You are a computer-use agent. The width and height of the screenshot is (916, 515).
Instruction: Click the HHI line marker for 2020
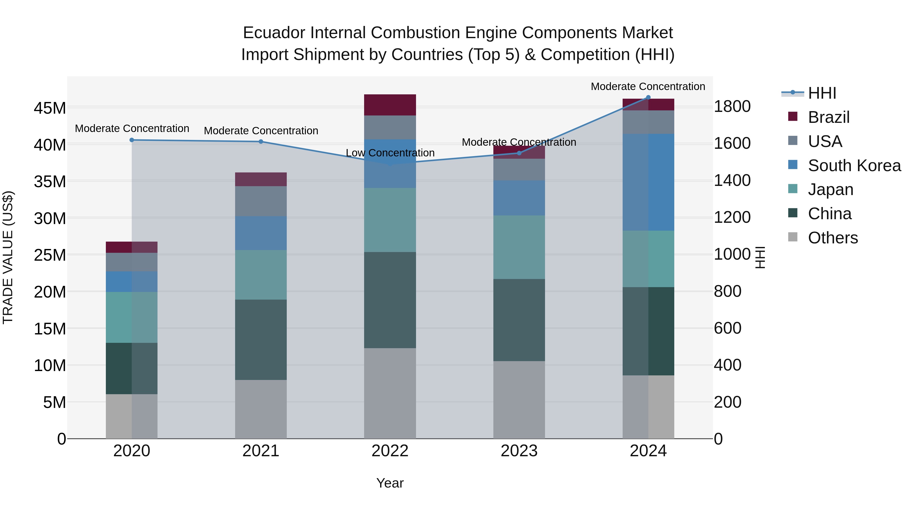(132, 140)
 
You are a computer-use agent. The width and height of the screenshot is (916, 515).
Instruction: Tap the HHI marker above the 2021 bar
(261, 141)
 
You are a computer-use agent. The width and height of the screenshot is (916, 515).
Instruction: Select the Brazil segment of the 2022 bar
(390, 105)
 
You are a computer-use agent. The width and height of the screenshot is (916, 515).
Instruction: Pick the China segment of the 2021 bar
(261, 340)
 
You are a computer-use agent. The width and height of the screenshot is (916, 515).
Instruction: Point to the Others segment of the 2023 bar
(519, 400)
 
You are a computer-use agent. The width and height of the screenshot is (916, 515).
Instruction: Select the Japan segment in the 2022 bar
(390, 220)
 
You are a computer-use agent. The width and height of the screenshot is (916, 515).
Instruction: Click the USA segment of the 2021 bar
(261, 201)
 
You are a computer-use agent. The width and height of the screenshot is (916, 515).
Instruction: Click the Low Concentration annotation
(390, 153)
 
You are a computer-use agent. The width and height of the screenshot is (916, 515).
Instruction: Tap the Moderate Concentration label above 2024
(648, 86)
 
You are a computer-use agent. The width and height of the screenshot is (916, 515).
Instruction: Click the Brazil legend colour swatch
(793, 116)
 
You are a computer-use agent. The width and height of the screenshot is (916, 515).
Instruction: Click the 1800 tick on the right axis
(732, 107)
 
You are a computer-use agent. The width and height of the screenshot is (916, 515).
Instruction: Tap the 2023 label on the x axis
(519, 451)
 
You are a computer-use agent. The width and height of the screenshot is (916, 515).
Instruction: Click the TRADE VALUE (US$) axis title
(8, 257)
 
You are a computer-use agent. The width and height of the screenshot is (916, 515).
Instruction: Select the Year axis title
(390, 483)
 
